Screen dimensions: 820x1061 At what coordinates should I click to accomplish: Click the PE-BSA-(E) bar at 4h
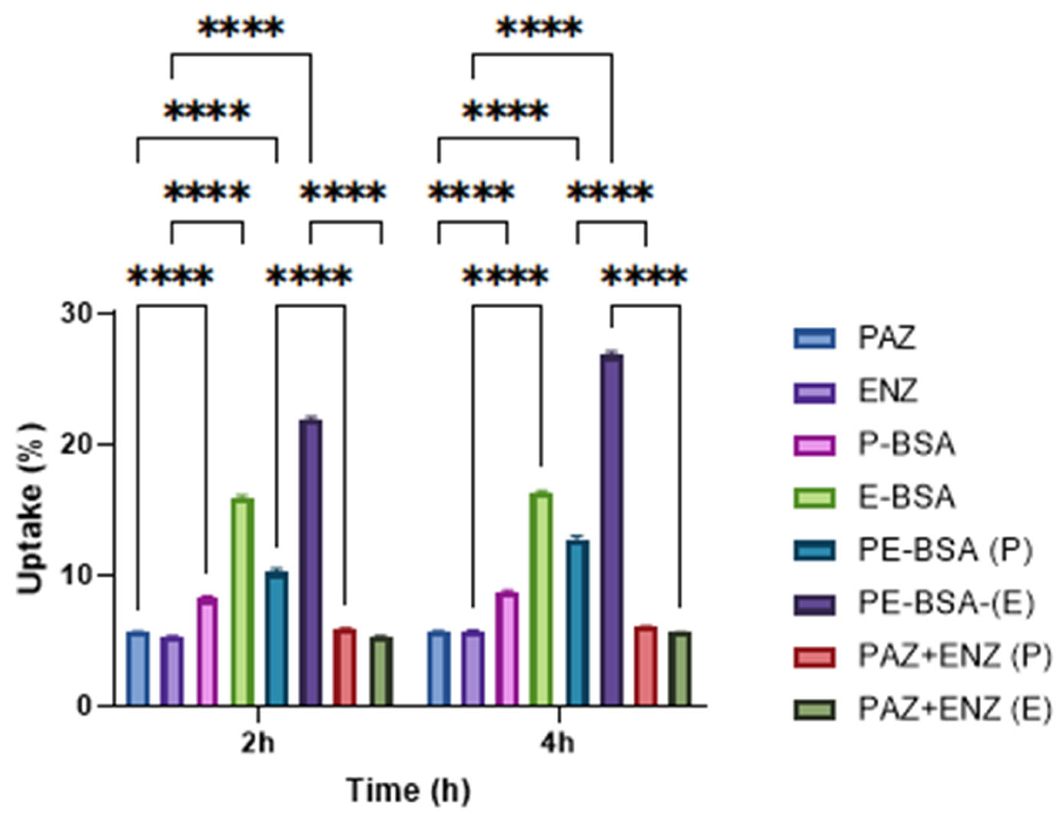(612, 529)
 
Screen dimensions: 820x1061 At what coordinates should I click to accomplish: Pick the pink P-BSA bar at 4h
(507, 648)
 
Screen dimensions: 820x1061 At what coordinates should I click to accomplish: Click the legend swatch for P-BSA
(815, 445)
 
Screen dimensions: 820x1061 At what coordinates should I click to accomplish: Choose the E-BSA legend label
(907, 498)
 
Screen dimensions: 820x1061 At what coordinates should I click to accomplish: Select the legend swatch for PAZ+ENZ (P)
(815, 657)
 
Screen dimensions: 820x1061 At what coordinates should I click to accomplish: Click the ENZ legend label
(888, 391)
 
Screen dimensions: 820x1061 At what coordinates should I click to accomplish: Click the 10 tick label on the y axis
(76, 575)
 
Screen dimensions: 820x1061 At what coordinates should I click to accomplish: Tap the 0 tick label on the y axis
(84, 706)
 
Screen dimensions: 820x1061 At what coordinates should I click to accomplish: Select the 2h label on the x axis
(258, 744)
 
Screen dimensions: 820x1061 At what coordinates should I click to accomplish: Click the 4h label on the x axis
(558, 744)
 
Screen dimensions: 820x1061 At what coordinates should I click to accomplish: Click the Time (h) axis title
(409, 790)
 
